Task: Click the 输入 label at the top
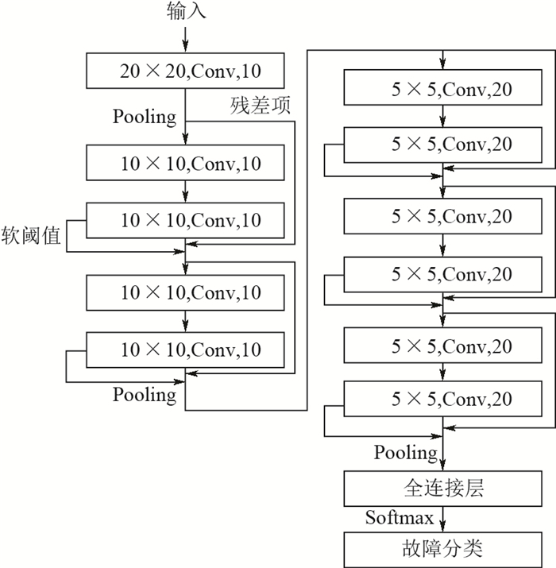pos(186,11)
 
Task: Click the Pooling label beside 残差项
pos(145,117)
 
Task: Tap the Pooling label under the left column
pos(145,394)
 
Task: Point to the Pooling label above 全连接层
pos(406,453)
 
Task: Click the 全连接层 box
pos(445,488)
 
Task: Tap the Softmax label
pos(400,519)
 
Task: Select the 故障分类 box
pos(445,549)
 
